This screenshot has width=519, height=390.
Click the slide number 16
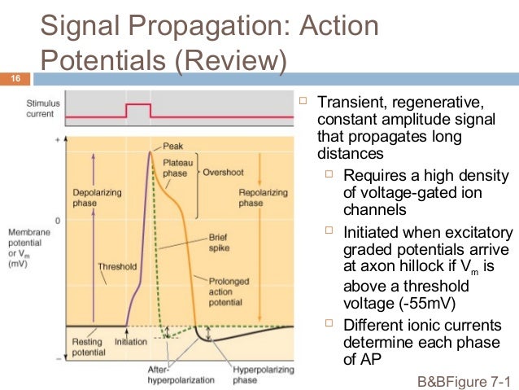click(x=14, y=79)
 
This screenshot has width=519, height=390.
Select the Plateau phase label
click(x=177, y=169)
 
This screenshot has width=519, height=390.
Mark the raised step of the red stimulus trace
click(x=138, y=106)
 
